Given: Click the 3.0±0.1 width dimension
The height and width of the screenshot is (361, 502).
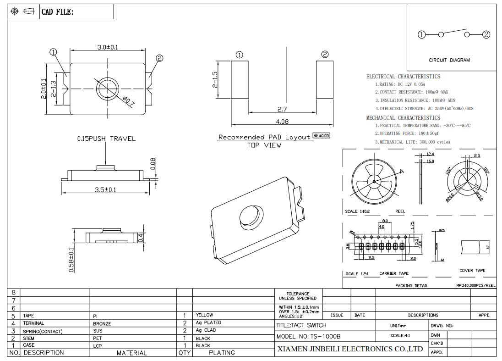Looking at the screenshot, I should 107,47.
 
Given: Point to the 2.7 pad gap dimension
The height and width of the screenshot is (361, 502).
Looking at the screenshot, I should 282,109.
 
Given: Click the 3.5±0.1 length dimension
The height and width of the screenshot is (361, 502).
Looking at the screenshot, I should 105,190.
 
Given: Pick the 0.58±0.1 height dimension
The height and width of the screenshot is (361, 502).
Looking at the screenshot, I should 71,260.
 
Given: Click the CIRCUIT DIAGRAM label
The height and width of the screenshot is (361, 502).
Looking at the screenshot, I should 449,60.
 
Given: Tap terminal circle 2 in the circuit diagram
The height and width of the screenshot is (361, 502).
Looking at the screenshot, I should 486,34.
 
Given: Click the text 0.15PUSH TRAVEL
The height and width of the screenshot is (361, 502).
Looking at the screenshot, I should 106,139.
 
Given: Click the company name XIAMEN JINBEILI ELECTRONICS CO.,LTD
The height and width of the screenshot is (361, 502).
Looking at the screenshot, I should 350,349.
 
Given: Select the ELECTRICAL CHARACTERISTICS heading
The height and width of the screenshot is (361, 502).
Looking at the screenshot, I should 403,77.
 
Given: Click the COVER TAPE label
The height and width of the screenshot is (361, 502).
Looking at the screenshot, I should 472,271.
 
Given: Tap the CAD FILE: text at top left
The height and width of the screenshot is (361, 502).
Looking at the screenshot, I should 57,12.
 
